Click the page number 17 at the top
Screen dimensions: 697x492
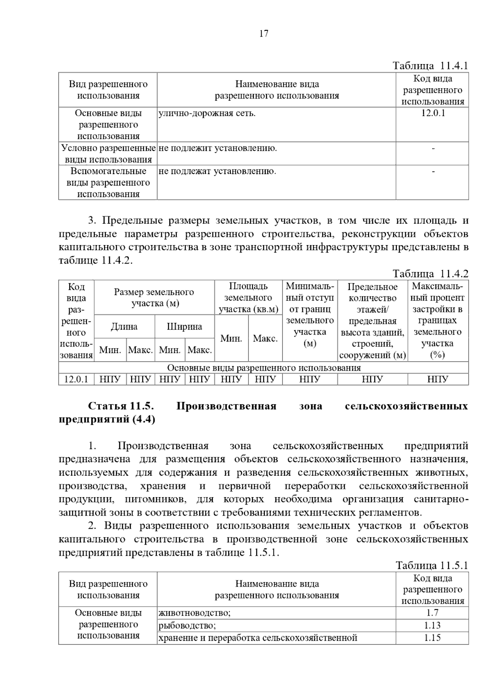(264, 34)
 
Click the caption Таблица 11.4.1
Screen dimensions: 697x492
(430, 66)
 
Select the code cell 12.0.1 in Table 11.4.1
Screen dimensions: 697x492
(433, 113)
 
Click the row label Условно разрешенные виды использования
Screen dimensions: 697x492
(108, 154)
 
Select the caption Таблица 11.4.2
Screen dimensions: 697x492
(430, 273)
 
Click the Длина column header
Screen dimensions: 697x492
(124, 327)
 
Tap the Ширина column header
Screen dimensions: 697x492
(184, 327)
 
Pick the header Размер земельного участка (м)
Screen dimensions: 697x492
(154, 298)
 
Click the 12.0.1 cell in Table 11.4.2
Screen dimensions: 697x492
(76, 379)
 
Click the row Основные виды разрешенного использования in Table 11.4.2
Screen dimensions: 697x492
(264, 368)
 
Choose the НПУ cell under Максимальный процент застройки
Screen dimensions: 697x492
(437, 379)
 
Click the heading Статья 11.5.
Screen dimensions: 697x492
(121, 406)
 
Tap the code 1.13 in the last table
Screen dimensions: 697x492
(433, 625)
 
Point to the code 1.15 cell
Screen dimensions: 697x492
(433, 637)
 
